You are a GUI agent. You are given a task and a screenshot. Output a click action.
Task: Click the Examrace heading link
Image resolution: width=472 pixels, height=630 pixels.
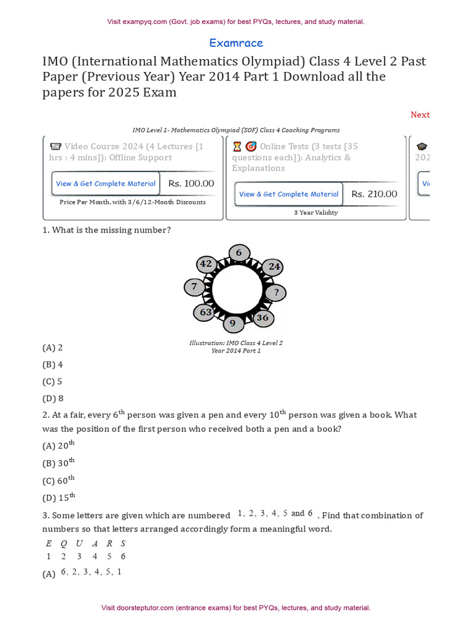point(236,43)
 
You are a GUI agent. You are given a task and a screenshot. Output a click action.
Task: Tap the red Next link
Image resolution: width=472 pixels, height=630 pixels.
point(420,115)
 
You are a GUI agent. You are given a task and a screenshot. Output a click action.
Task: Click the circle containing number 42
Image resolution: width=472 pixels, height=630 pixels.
point(206,264)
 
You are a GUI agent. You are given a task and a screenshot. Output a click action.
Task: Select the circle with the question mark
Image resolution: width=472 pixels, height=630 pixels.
point(277,292)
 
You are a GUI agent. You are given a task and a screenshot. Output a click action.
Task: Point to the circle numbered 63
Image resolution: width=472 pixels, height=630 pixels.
point(206,313)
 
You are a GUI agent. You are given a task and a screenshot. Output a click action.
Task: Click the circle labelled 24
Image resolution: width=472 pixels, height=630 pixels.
point(274,266)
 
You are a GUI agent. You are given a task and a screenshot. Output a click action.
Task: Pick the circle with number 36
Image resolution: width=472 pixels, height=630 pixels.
point(262,318)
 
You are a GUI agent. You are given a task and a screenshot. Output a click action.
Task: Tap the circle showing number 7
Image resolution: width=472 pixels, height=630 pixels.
point(194,287)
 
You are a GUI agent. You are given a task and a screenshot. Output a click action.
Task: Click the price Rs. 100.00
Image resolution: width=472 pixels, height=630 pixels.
point(191,183)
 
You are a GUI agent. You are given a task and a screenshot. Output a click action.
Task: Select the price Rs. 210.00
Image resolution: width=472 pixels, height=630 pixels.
point(374,194)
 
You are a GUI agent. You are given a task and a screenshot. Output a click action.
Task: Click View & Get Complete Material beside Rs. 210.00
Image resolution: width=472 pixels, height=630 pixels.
point(289,194)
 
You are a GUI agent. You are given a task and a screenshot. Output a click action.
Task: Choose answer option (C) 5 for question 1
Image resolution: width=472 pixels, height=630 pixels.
point(52,381)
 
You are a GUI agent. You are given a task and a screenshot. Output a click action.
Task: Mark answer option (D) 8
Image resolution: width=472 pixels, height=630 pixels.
point(53,398)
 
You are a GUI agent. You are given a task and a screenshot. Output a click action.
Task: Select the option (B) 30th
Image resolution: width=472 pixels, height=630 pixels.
point(58,463)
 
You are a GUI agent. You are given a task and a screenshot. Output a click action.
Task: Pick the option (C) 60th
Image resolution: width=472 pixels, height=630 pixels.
point(58,480)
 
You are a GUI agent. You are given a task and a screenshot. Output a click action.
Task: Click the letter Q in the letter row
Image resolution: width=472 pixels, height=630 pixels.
point(64,543)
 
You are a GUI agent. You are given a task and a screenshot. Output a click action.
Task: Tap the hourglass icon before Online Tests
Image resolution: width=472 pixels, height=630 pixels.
point(237,146)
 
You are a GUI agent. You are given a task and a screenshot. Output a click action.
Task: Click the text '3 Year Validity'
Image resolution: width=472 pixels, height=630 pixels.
point(317,213)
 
